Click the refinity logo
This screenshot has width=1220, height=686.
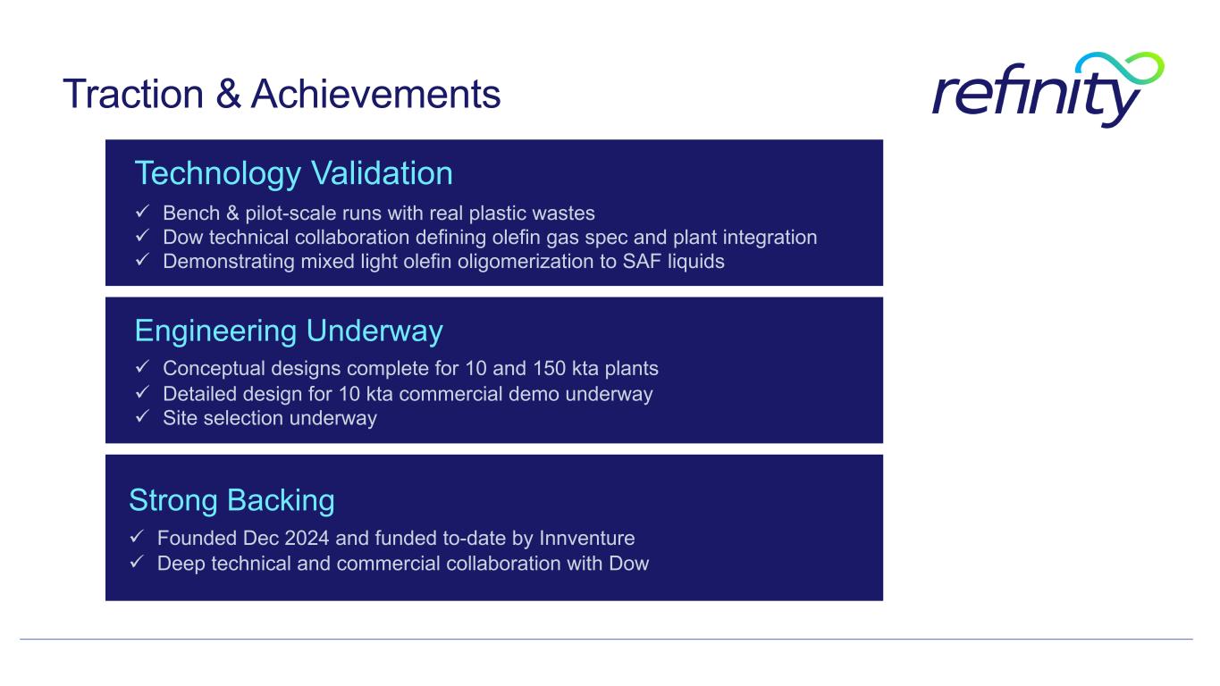tap(1048, 90)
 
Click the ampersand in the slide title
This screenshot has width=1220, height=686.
tap(228, 94)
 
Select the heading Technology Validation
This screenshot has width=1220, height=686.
tap(293, 173)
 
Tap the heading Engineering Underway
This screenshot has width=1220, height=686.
tap(289, 331)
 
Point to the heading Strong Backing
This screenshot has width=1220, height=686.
tap(231, 500)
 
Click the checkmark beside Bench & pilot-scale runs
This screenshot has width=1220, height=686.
tap(143, 211)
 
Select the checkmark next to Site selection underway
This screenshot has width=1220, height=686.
tap(143, 416)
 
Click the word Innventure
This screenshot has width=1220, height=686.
tap(587, 538)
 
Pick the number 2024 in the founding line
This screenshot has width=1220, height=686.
tap(307, 538)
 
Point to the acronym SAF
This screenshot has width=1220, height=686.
tap(642, 262)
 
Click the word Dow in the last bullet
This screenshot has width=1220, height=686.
tap(629, 564)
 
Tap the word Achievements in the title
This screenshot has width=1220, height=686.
tap(375, 94)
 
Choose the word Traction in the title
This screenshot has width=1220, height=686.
tap(133, 94)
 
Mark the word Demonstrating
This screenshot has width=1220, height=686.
tap(229, 262)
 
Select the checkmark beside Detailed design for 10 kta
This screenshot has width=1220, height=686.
tap(143, 392)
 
